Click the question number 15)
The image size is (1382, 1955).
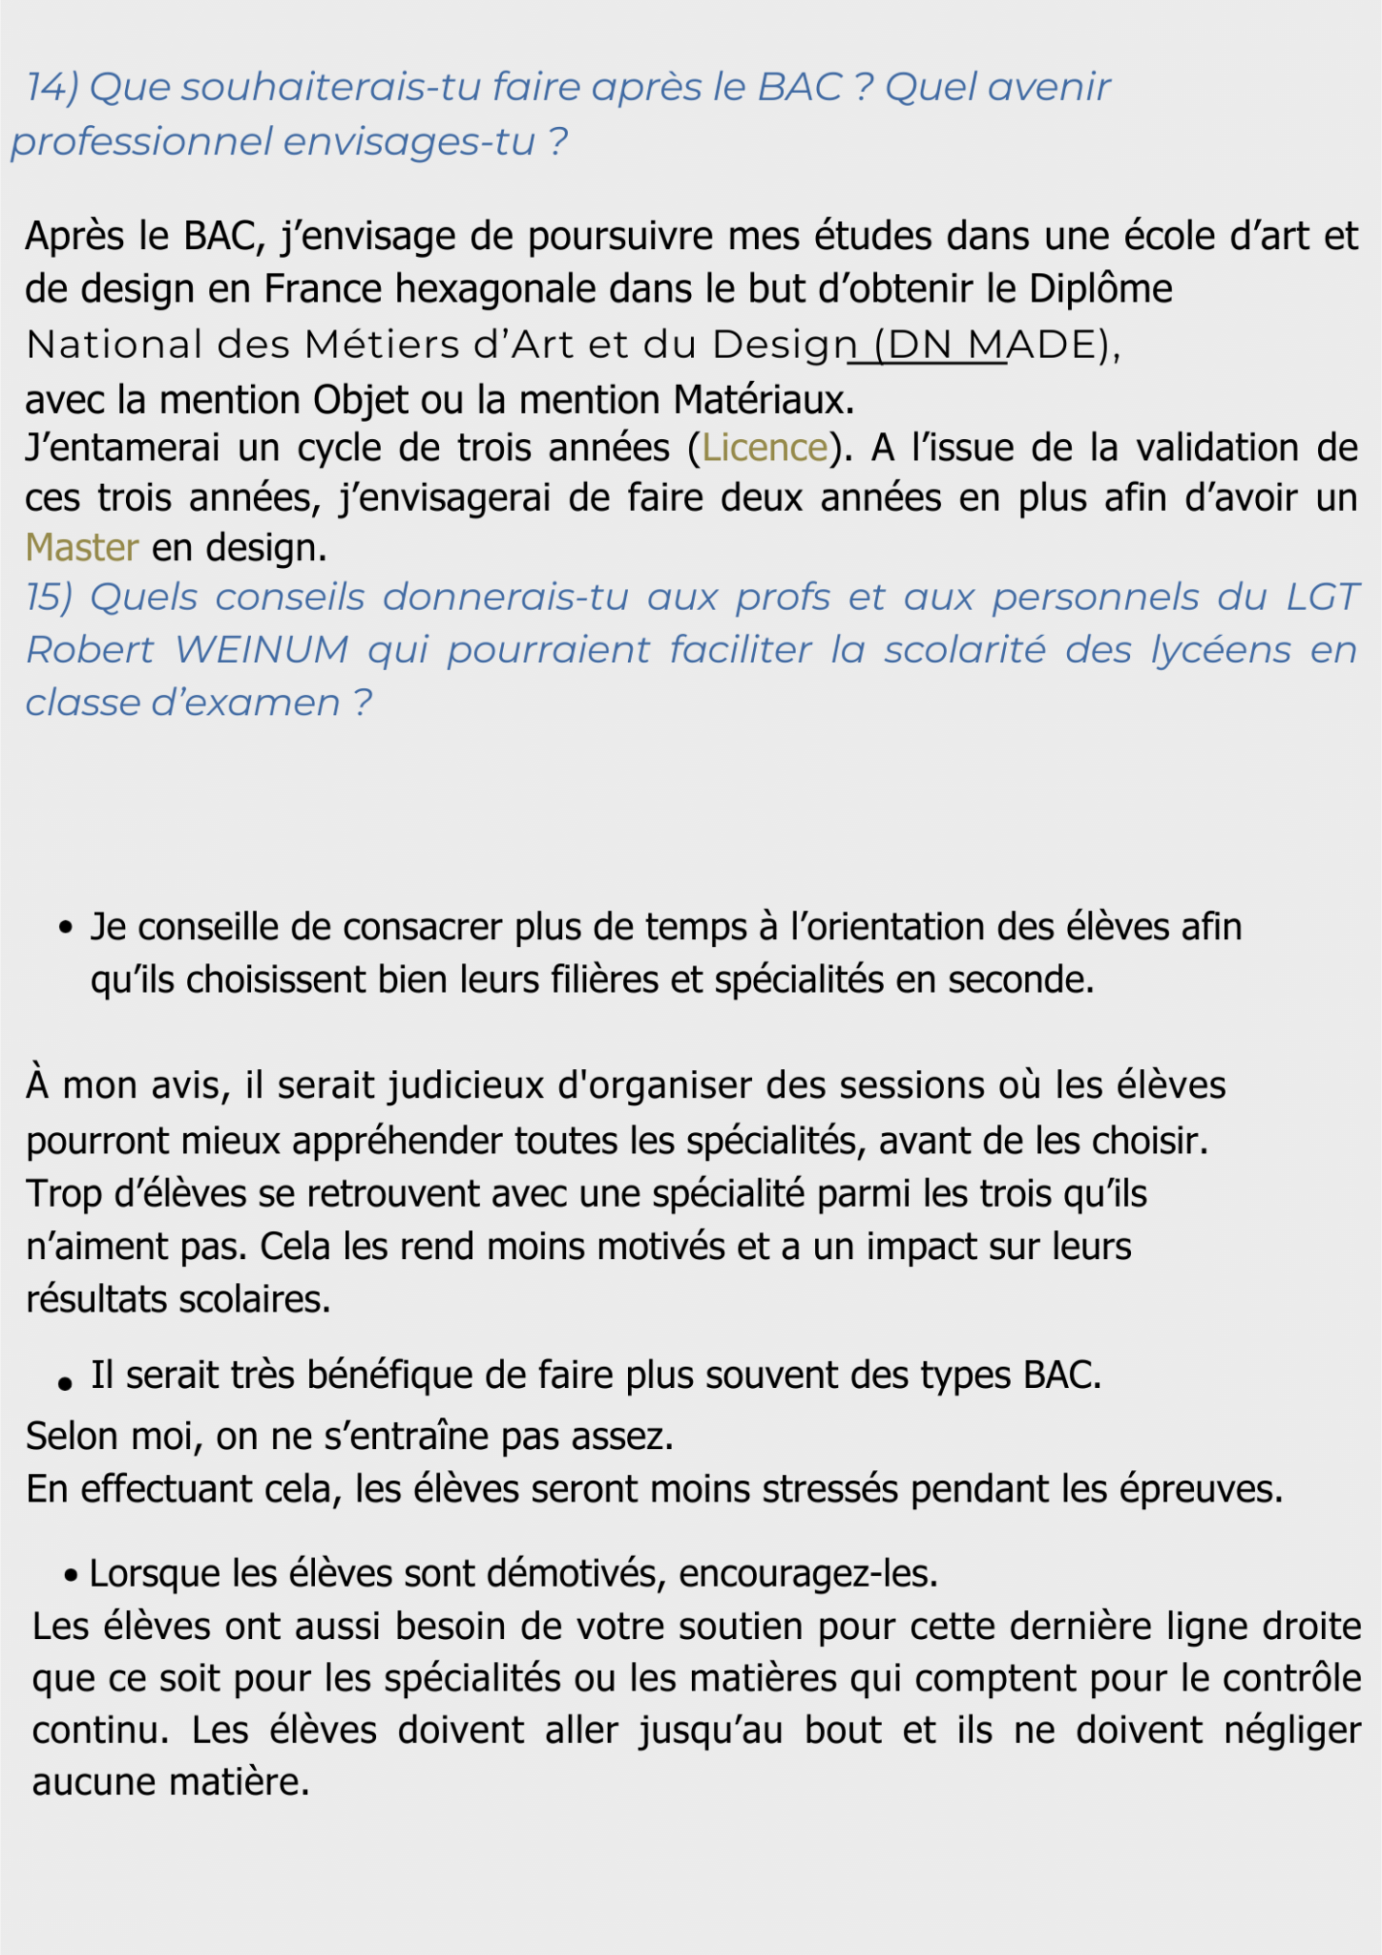[49, 598]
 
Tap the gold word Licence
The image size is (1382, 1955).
[764, 448]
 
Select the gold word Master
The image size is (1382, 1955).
[82, 548]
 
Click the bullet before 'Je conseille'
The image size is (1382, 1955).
[66, 928]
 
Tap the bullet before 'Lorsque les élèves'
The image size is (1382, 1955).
[71, 1574]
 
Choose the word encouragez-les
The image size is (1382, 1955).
[808, 1573]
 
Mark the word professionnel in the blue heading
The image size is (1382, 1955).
[141, 142]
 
